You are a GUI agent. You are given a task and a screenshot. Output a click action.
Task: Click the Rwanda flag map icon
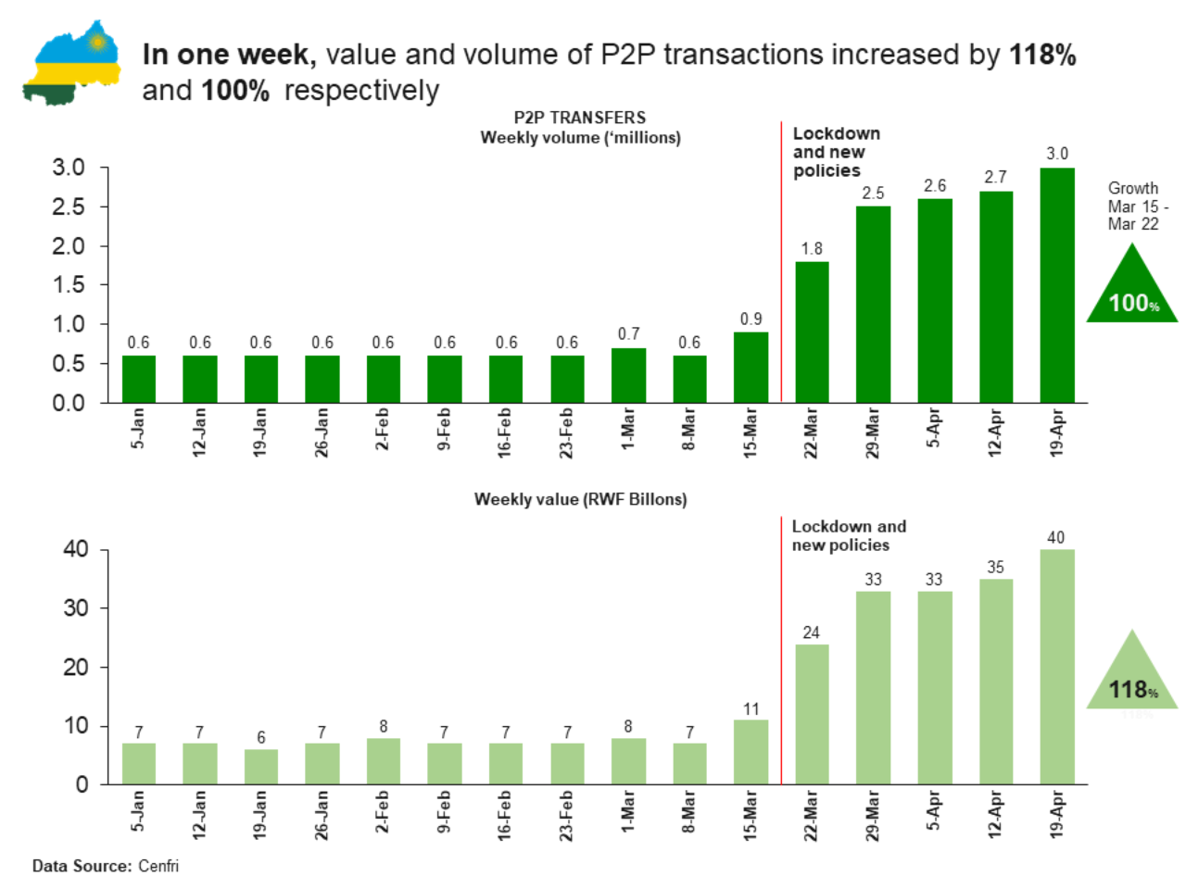point(72,63)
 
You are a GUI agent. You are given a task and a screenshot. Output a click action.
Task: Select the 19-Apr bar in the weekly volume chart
point(1057,285)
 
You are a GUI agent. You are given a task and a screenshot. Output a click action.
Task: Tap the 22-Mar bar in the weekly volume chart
point(812,332)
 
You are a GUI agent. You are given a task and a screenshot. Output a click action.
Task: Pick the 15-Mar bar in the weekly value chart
point(751,752)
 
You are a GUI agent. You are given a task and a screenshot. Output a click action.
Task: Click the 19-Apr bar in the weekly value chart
point(1057,667)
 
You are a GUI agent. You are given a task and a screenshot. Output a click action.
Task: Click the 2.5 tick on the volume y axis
point(69,207)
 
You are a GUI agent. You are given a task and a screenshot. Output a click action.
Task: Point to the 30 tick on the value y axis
point(76,608)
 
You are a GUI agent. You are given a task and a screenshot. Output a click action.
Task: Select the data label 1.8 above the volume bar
point(812,248)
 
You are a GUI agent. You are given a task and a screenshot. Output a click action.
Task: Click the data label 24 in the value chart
point(812,632)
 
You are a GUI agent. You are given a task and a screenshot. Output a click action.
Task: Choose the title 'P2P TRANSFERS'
point(580,118)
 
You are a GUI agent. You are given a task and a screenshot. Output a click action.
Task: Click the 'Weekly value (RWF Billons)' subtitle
point(581,499)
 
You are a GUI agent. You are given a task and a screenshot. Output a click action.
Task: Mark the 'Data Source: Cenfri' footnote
point(106,866)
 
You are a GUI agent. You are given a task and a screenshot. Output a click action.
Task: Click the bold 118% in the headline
point(1042,55)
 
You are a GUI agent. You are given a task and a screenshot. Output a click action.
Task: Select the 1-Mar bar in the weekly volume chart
point(628,375)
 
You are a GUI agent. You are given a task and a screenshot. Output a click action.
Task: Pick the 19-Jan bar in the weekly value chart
point(260,767)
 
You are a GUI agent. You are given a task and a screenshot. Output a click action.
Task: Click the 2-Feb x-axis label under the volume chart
point(383,429)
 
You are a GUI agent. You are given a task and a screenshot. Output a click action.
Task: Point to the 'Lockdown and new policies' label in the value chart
point(849,535)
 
